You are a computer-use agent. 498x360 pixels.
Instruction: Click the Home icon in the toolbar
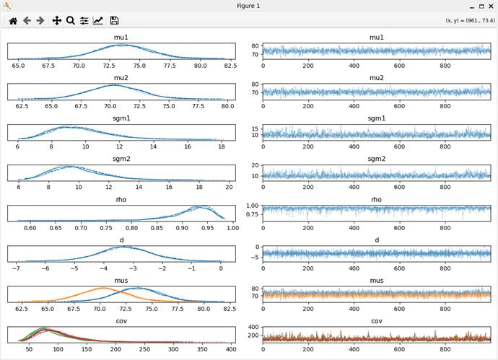[x=13, y=21]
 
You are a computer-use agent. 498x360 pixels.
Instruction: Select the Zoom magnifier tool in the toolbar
[x=71, y=21]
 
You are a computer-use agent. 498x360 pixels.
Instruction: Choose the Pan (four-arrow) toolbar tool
[x=57, y=21]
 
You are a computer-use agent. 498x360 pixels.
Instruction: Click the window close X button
[x=490, y=6]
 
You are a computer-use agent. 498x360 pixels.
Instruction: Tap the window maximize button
[x=481, y=6]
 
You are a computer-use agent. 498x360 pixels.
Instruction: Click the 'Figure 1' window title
[x=248, y=6]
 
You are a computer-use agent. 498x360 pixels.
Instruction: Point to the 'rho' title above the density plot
[x=121, y=200]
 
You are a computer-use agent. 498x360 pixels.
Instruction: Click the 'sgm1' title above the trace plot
[x=376, y=118]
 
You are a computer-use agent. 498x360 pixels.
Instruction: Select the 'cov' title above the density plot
[x=121, y=322]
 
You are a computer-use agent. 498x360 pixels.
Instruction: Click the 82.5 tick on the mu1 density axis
[x=230, y=66]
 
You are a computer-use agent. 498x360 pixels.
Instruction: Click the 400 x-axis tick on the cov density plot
[x=231, y=350]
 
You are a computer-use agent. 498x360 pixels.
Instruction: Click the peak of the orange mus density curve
[x=102, y=289]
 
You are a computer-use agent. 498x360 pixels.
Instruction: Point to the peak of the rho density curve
[x=200, y=207]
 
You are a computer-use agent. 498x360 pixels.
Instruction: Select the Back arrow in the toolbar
[x=27, y=21]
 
